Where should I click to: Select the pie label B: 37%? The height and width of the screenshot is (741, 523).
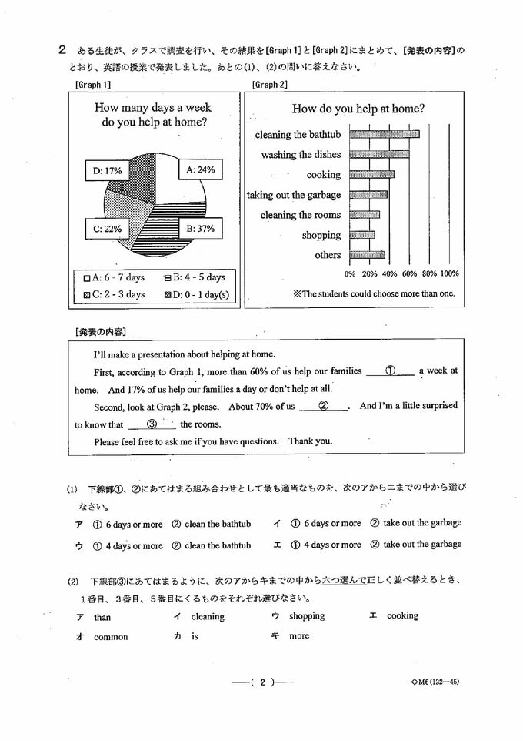coord(199,229)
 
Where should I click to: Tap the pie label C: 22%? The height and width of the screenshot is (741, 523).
coord(108,229)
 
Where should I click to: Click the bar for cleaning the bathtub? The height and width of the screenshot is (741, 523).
coord(384,135)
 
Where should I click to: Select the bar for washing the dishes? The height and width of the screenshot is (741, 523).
coord(379,155)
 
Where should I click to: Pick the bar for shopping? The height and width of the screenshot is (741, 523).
coord(362,235)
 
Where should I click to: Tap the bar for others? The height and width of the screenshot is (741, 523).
coord(367,255)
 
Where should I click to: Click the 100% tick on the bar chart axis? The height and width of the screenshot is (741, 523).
coord(449,273)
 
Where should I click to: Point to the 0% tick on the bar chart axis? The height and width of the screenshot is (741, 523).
coord(350,273)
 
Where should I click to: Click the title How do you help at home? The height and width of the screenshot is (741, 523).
coord(359,109)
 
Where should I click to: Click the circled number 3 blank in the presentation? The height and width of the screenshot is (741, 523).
coord(152,424)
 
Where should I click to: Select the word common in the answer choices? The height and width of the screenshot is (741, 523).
coord(111,637)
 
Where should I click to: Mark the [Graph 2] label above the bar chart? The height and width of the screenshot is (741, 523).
coord(269,85)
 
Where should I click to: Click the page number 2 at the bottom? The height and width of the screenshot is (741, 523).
coord(262,682)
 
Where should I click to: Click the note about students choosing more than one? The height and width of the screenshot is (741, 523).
coord(374,293)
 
